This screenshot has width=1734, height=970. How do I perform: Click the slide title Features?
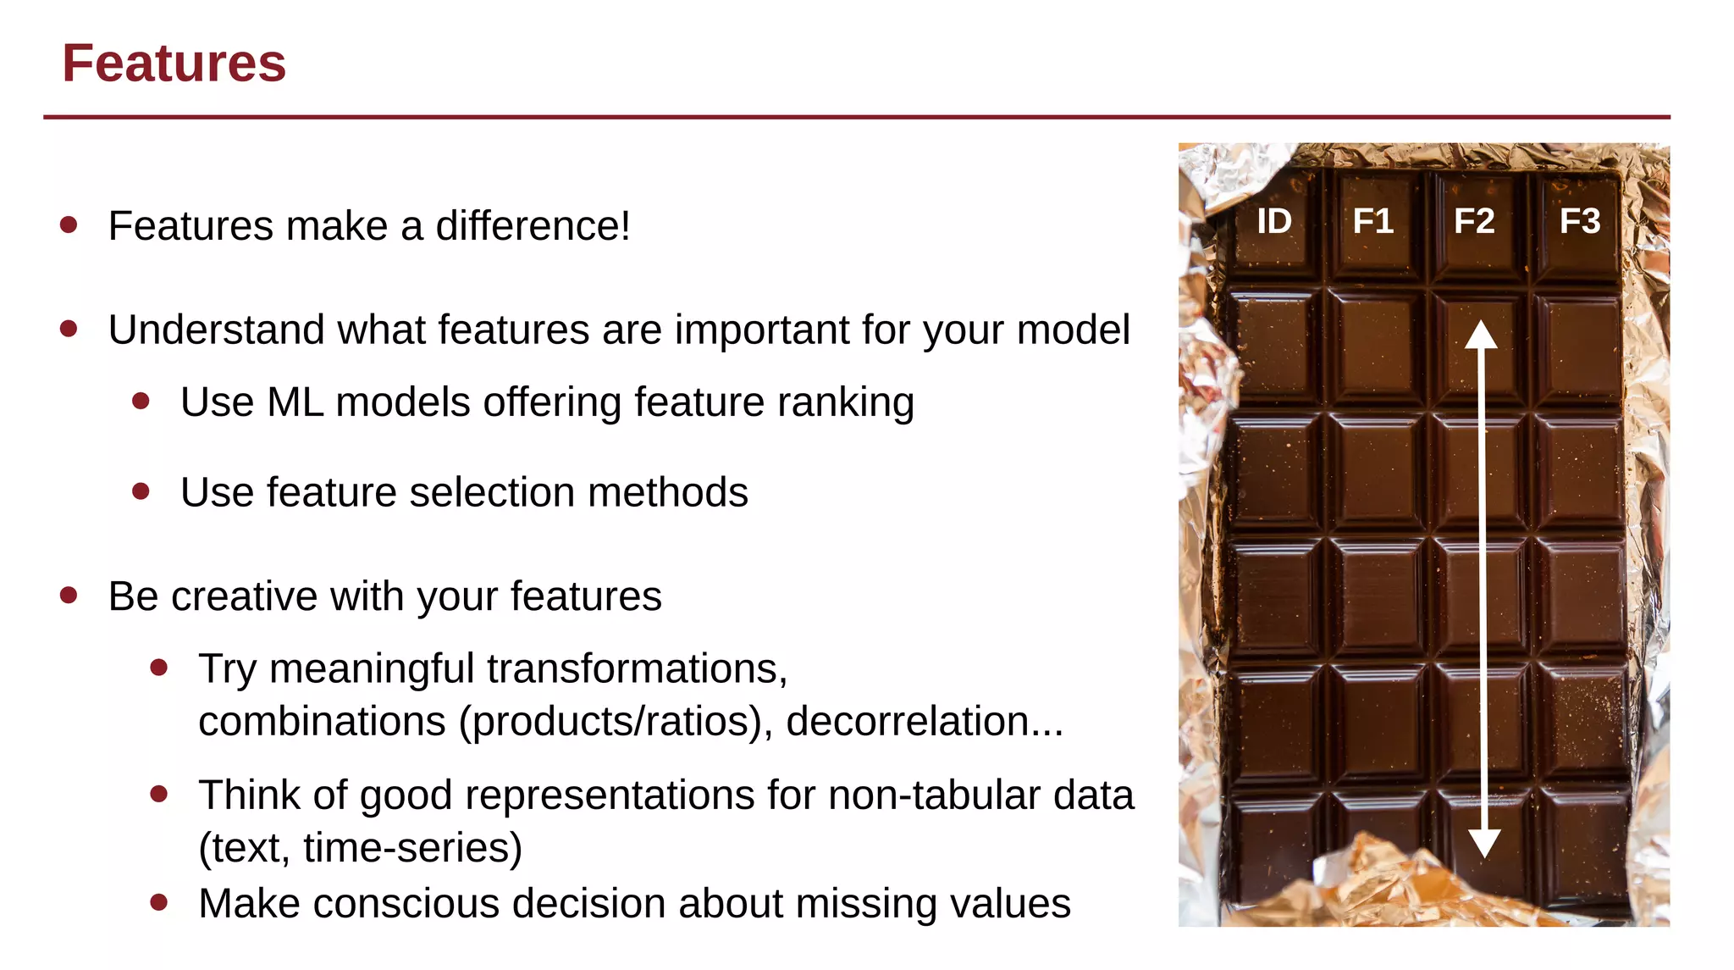[174, 64]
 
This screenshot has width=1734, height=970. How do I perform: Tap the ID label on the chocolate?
[1274, 221]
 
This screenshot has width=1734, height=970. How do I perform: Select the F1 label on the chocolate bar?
[1372, 221]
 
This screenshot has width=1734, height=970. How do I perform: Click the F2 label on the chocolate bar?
[1474, 221]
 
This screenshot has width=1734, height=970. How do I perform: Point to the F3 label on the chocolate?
[1580, 221]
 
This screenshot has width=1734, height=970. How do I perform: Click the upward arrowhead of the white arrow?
[1482, 335]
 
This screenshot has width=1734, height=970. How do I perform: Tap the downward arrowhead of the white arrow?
[1484, 843]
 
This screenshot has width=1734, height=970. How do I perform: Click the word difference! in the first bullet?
[533, 226]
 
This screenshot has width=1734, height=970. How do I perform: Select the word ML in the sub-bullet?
[295, 402]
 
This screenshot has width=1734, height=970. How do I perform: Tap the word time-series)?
[412, 848]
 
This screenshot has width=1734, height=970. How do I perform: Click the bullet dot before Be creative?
[69, 596]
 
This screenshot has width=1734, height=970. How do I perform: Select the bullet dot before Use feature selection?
[141, 491]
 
